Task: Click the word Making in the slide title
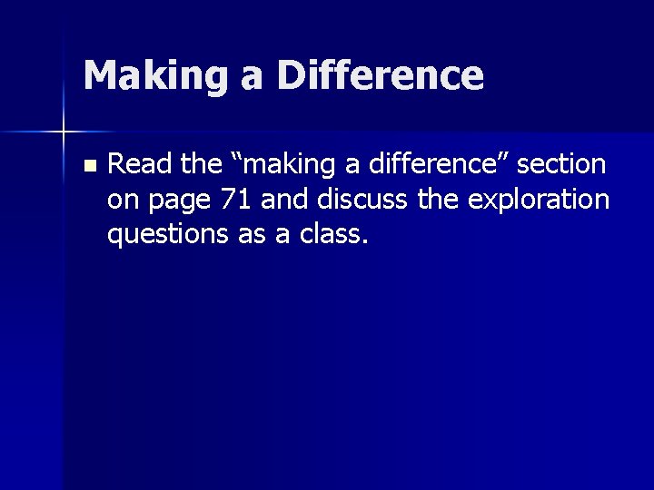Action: (x=146, y=75)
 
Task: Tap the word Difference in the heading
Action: (x=381, y=75)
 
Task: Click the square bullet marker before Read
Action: (x=87, y=166)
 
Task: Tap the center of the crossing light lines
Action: (x=64, y=132)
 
